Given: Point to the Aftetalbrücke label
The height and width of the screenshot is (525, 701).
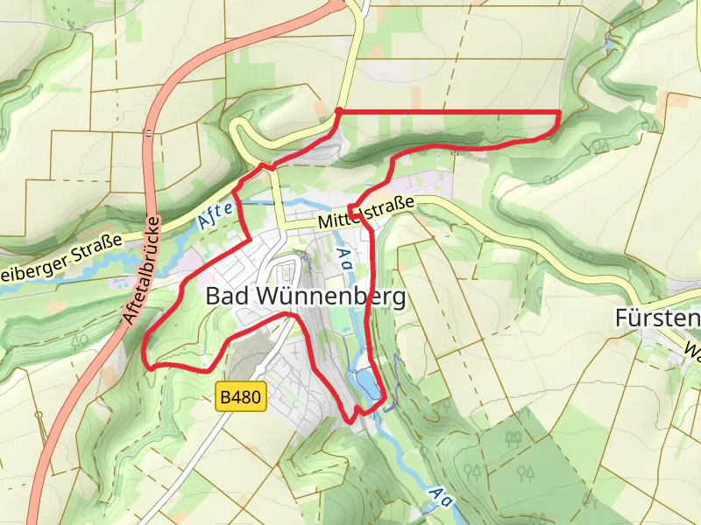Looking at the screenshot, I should pos(140,270).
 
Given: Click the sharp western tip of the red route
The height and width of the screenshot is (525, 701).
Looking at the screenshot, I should pos(145,354).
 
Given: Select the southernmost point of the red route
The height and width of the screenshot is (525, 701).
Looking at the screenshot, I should pos(352,421).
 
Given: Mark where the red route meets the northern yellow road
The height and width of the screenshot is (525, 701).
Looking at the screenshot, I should pos(339,111).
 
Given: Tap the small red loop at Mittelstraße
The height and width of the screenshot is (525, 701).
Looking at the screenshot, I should pos(354,210).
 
